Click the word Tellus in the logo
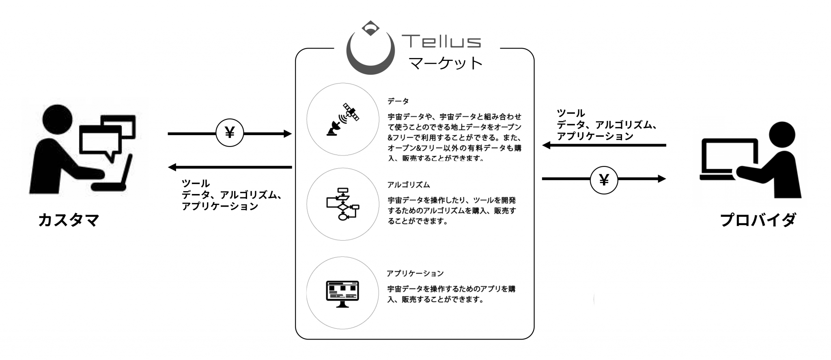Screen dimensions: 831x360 [441, 41]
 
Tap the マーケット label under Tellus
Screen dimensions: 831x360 [446, 63]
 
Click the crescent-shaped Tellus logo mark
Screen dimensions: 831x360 [370, 61]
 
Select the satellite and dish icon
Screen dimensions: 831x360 [343, 119]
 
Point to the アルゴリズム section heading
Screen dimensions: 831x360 [409, 185]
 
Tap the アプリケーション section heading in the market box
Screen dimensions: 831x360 [415, 274]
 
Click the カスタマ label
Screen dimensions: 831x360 [69, 220]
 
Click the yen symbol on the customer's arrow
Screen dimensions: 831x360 [230, 133]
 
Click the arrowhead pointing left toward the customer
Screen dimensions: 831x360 [172, 167]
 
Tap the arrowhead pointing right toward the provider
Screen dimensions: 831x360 [662, 179]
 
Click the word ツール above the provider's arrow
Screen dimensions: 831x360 [571, 113]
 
